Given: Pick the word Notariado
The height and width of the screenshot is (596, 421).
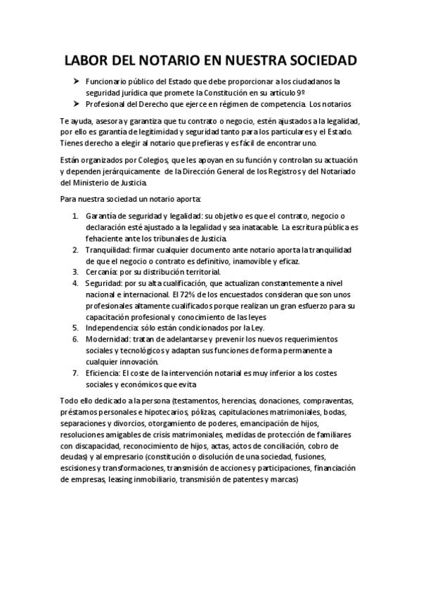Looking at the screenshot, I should (x=338, y=171).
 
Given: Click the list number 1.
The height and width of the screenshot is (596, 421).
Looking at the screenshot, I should (x=75, y=216).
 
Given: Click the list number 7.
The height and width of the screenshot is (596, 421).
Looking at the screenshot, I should (x=75, y=373).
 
